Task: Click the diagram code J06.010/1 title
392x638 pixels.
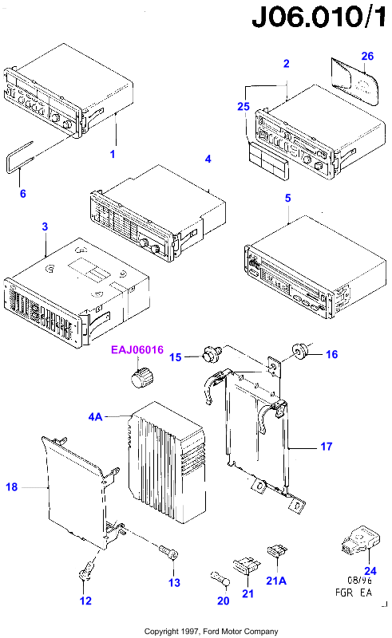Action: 319,18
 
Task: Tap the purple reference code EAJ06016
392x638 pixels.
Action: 137,350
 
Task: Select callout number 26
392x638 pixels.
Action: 367,56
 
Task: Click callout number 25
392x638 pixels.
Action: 244,106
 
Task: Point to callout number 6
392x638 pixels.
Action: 23,194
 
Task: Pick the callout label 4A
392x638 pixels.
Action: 95,416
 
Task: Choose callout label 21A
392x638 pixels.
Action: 276,581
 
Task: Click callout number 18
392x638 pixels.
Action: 12,487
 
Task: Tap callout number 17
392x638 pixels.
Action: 327,447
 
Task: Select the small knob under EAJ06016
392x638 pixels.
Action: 142,377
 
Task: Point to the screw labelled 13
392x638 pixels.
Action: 168,552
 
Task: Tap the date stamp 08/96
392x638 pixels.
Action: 359,580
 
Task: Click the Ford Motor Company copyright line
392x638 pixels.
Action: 211,632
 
